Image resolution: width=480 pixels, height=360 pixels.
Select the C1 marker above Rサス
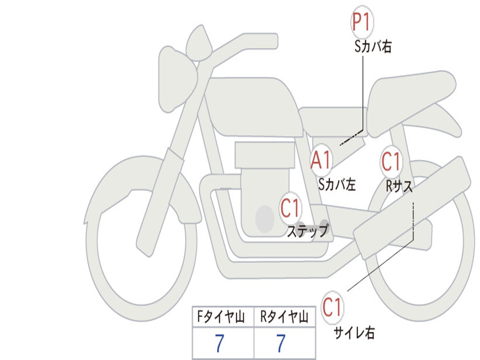[x=391, y=162]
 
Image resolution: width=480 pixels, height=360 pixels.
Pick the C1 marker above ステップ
[x=290, y=208]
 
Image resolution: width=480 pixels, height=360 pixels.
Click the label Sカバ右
[x=373, y=47]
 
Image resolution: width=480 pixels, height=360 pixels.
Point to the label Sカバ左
[x=337, y=184]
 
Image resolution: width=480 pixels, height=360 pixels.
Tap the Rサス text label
[x=399, y=186]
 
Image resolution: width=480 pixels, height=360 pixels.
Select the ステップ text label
[x=307, y=231]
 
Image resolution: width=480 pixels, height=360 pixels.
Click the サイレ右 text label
[x=354, y=332]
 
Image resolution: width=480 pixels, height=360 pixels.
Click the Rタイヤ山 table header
[x=284, y=318]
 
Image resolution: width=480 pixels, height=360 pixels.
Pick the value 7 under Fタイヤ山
[x=219, y=344]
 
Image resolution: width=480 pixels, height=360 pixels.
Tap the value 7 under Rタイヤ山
[x=281, y=344]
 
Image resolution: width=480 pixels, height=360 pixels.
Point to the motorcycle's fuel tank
[x=253, y=105]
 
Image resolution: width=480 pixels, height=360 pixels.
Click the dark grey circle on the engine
[x=265, y=219]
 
